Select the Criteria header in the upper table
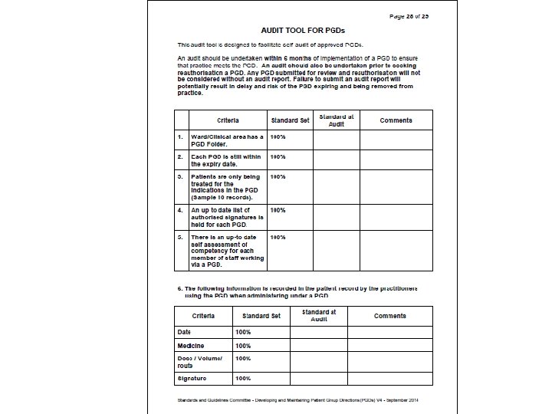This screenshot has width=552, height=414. click(228, 120)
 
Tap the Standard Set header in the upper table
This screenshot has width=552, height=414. click(290, 120)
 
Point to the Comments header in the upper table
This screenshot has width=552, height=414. click(396, 120)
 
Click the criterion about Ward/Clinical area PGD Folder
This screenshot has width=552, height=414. click(227, 140)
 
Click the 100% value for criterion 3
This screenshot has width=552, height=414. click(278, 177)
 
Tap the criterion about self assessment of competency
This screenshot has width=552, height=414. click(227, 251)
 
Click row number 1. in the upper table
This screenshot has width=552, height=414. click(180, 137)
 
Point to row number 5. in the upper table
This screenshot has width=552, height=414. click(180, 238)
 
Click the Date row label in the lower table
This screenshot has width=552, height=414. click(184, 332)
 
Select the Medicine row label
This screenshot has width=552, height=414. click(191, 346)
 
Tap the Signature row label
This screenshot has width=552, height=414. click(192, 378)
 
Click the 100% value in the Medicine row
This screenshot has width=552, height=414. click(243, 346)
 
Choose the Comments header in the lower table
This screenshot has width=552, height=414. click(390, 316)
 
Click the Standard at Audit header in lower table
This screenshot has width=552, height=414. click(319, 316)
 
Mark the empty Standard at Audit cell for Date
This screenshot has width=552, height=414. click(319, 332)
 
